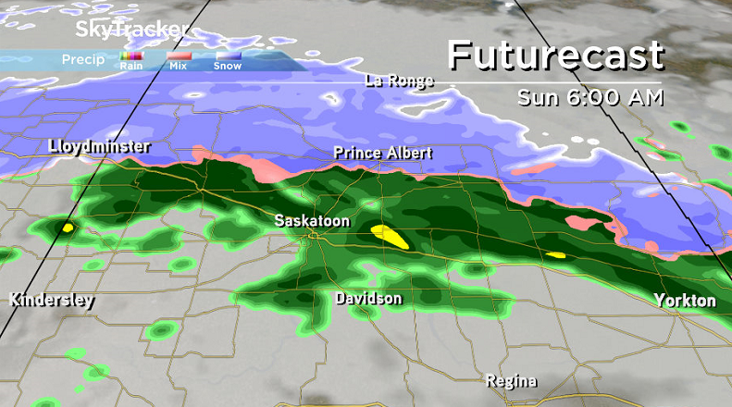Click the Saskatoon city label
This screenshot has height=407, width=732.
tap(313, 220)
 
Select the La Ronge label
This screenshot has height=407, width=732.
tap(399, 80)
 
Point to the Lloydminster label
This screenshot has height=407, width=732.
tap(99, 146)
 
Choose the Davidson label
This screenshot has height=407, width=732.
tap(368, 299)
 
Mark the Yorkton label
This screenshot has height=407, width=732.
tap(685, 301)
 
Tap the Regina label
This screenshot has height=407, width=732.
tap(513, 381)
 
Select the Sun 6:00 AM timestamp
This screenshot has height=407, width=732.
tap(590, 97)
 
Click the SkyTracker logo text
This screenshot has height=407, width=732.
tap(130, 30)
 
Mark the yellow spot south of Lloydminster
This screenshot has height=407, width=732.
tap(67, 227)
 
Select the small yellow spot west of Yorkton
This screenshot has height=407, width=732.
tap(555, 254)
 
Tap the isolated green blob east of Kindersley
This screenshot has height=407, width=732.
tap(162, 329)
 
